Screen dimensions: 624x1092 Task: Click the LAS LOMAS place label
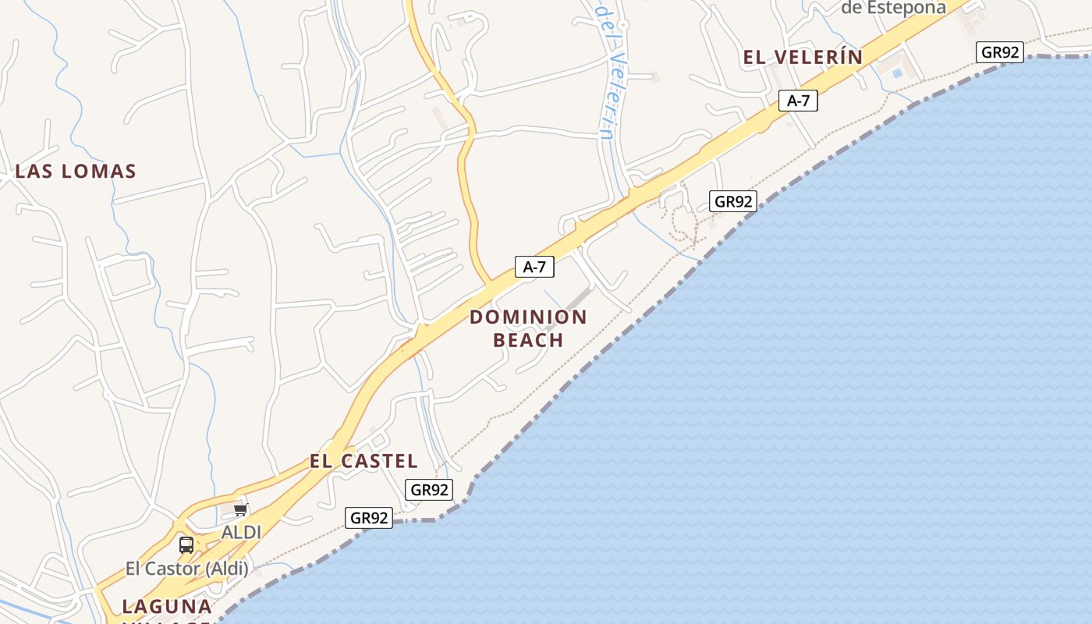pyautogui.click(x=76, y=172)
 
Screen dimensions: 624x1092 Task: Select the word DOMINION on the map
pyautogui.click(x=528, y=317)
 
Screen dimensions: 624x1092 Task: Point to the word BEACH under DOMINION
pyautogui.click(x=528, y=340)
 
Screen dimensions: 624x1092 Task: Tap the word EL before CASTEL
pyautogui.click(x=322, y=461)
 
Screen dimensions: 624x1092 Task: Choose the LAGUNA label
pyautogui.click(x=167, y=606)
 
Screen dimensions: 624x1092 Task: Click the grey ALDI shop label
pyautogui.click(x=241, y=532)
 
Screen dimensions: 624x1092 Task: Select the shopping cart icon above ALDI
pyautogui.click(x=240, y=510)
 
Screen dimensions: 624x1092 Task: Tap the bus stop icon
pyautogui.click(x=186, y=545)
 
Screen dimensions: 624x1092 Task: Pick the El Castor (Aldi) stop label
pyautogui.click(x=186, y=569)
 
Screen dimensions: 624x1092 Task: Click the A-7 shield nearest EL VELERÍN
pyautogui.click(x=798, y=100)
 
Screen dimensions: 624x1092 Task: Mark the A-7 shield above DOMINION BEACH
pyautogui.click(x=534, y=267)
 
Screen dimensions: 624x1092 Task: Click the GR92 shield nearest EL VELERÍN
pyautogui.click(x=1000, y=52)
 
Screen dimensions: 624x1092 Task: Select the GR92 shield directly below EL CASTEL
pyautogui.click(x=429, y=490)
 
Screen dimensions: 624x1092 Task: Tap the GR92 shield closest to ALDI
pyautogui.click(x=369, y=518)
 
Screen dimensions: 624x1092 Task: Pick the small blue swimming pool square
pyautogui.click(x=897, y=73)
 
